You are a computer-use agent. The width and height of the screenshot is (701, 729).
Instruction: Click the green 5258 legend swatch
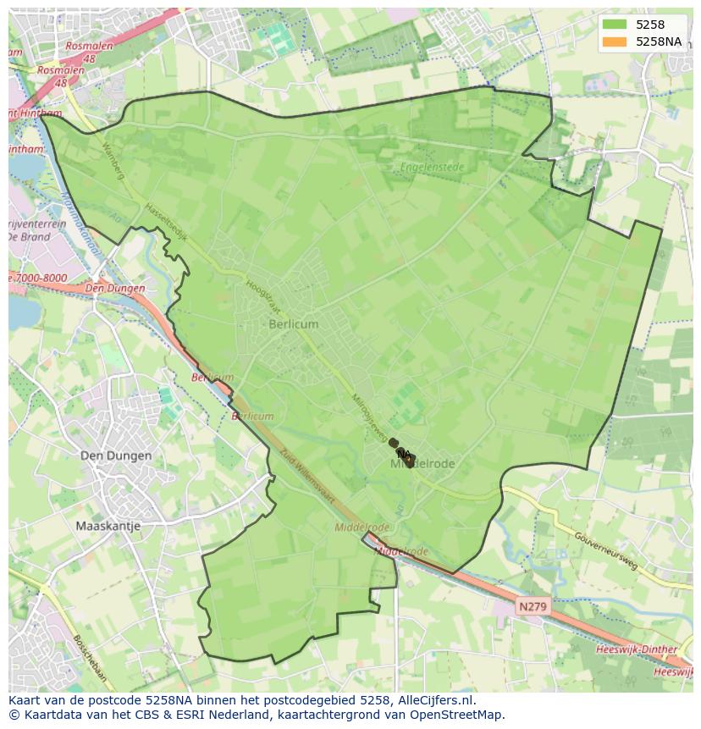point(615,25)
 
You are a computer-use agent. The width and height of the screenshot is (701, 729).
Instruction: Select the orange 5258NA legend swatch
point(615,41)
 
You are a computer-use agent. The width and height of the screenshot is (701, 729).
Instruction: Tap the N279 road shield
point(533,606)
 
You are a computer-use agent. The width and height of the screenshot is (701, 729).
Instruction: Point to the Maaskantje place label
point(108,526)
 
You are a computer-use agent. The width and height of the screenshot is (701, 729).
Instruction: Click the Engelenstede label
point(433,168)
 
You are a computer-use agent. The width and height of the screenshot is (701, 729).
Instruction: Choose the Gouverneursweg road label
point(605,551)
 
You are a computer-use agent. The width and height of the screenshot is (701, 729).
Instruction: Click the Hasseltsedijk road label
point(165,222)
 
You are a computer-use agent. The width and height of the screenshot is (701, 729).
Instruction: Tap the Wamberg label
point(113,161)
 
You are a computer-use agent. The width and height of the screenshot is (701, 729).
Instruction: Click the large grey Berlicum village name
point(294,324)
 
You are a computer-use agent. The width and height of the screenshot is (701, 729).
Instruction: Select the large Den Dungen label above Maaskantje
point(116,456)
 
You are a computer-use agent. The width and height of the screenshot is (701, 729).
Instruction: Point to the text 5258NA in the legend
point(659,41)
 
